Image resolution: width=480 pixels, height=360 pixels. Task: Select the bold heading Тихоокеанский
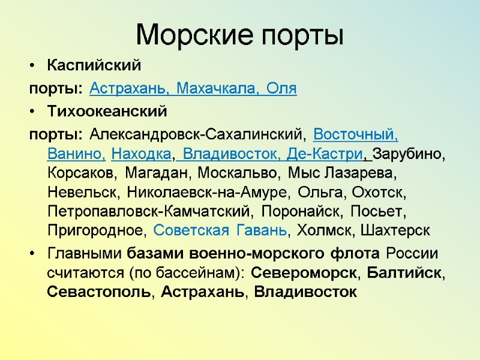pyautogui.click(x=106, y=111)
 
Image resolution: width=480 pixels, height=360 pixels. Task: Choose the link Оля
pyautogui.click(x=281, y=89)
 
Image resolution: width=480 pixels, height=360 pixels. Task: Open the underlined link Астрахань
pyautogui.click(x=129, y=89)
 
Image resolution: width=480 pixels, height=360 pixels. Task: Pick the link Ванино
pyautogui.click(x=76, y=154)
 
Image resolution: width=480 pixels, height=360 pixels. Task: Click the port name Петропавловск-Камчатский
pyautogui.click(x=148, y=211)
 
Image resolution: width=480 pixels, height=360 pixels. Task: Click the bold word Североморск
pyautogui.click(x=303, y=273)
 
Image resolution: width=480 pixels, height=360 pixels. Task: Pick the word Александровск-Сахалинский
pyautogui.click(x=196, y=134)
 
